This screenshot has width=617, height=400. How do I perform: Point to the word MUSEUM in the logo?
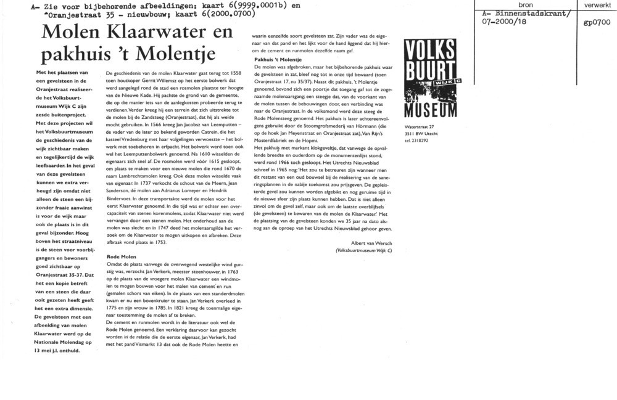coord(431,111)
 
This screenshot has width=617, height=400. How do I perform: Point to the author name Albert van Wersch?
coord(372,243)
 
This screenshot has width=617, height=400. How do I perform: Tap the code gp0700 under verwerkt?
coord(595,23)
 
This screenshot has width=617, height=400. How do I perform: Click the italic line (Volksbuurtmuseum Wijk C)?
coord(363,251)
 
